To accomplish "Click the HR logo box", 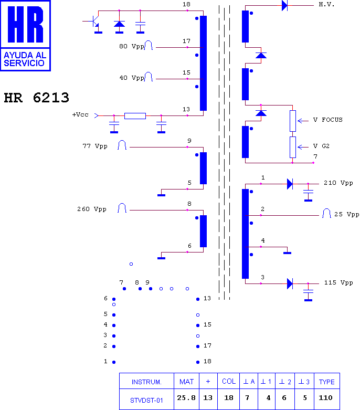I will (x=26, y=36).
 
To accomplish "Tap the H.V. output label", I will (x=326, y=5).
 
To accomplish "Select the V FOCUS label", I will (x=327, y=120).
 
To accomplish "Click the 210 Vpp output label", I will (x=338, y=183).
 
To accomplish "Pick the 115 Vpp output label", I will (x=338, y=283).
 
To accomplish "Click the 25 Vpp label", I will (x=346, y=215).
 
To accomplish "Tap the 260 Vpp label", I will (x=92, y=209).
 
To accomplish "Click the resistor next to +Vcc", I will (x=135, y=115).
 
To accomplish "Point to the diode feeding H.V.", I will (x=284, y=5).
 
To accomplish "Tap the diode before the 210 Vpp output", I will (x=290, y=184).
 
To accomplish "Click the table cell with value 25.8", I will (x=187, y=398).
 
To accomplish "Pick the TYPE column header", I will (x=326, y=382).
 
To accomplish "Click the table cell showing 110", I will (x=326, y=398).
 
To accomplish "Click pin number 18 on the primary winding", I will (x=186, y=5).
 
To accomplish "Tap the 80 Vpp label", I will (x=131, y=47).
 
